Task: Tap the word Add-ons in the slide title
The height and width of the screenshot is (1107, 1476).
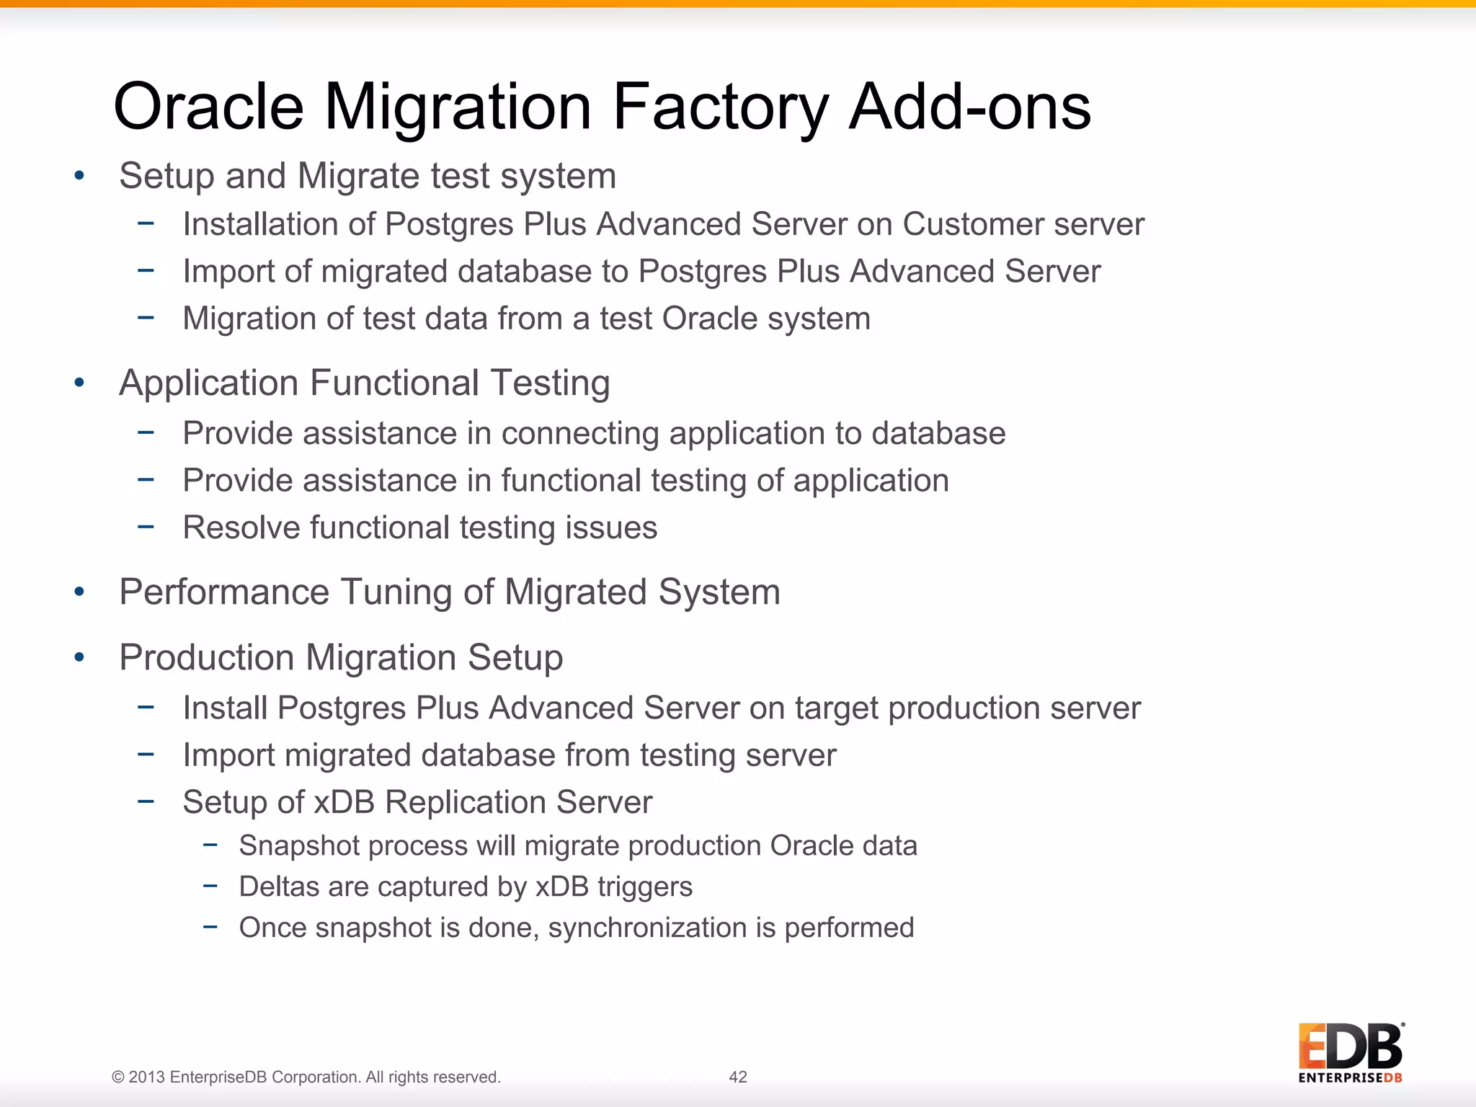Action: click(x=970, y=107)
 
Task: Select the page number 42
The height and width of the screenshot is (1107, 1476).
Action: click(x=738, y=1077)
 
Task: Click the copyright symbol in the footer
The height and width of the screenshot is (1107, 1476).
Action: click(x=117, y=1077)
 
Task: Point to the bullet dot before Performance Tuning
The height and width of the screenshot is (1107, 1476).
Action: click(x=79, y=592)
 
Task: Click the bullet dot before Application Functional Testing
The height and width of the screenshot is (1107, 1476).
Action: click(x=79, y=383)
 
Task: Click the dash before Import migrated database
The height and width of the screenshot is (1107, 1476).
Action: click(x=146, y=754)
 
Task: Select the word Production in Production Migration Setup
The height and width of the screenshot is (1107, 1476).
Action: click(x=207, y=657)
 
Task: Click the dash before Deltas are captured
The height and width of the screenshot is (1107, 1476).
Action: click(x=210, y=885)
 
